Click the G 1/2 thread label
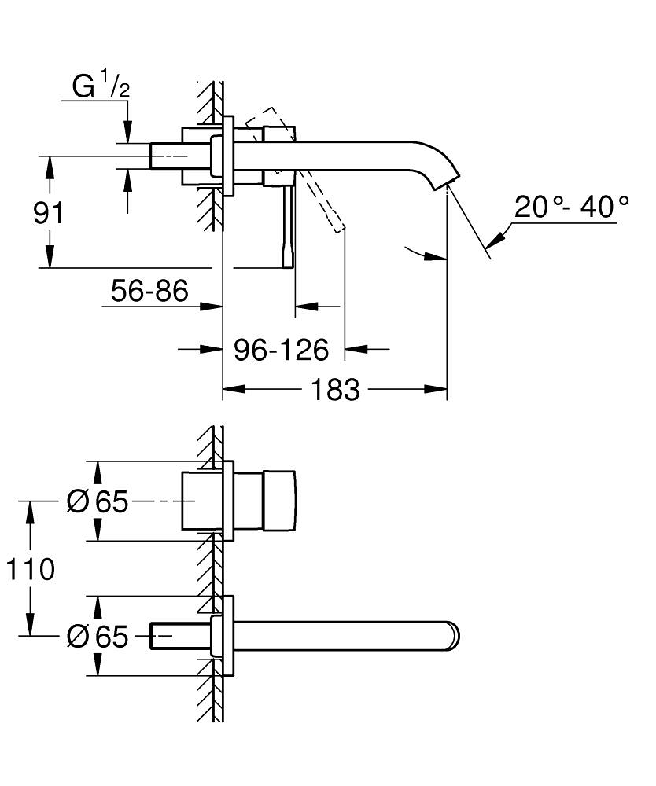pos(101,88)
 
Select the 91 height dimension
pos(48,213)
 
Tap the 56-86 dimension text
pos(149,292)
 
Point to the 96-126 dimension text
pos(281,350)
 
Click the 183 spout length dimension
pos(336,389)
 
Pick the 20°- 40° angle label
pos(572,208)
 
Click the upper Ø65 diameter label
pos(98,501)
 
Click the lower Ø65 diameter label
pos(98,637)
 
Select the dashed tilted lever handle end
pos(337,224)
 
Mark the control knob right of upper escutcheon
pos(280,501)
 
